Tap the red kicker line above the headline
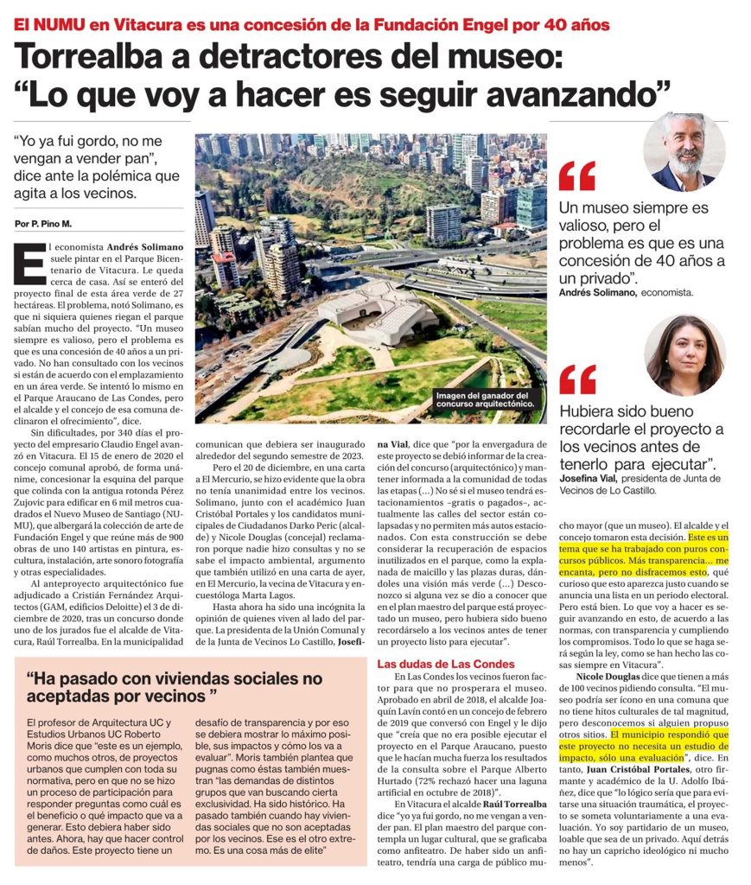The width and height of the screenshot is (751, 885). [311, 23]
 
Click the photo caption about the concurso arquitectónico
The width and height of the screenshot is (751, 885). [483, 398]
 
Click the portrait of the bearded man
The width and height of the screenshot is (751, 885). [683, 151]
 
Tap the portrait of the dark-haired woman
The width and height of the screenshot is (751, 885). [684, 355]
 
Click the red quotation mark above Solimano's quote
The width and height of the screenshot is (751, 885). [576, 175]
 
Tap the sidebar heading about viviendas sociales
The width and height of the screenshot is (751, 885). [174, 686]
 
